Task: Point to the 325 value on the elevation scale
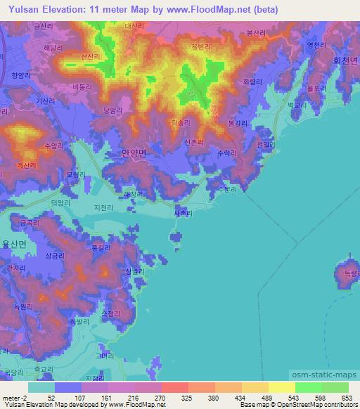[x=186, y=397]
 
